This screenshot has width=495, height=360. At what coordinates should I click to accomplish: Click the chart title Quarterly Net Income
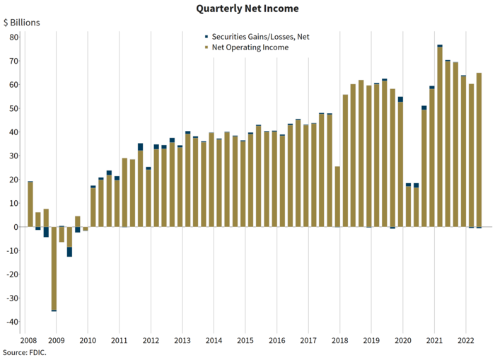click(247, 8)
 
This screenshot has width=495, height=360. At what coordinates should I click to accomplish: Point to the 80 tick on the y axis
click(13, 37)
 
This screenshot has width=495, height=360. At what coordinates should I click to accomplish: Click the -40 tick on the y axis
click(12, 322)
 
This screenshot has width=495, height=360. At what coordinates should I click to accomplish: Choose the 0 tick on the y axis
click(16, 227)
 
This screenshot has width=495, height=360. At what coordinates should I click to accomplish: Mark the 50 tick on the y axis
click(13, 108)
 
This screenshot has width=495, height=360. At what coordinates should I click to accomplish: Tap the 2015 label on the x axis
click(246, 339)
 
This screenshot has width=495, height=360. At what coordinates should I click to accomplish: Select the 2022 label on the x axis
click(465, 339)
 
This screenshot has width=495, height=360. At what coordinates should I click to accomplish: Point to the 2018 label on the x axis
click(340, 339)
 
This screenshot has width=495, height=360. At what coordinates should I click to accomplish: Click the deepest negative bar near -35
click(54, 269)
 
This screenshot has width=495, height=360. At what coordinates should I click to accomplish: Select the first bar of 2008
click(30, 205)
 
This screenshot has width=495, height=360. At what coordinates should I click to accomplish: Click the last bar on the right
click(479, 150)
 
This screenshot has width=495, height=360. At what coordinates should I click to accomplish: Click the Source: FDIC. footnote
click(25, 352)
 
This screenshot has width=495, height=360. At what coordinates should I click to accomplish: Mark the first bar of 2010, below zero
click(86, 229)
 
